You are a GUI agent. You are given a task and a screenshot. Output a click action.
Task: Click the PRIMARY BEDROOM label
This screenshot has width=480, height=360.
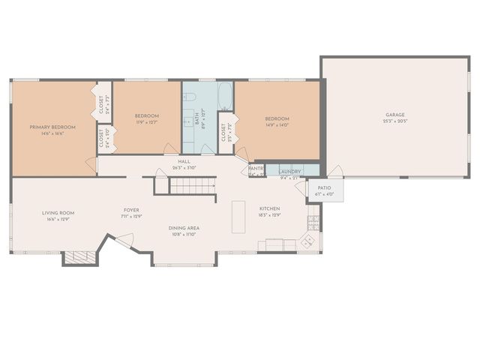[46, 127]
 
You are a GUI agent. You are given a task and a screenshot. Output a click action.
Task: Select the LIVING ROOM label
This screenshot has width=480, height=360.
[58, 213]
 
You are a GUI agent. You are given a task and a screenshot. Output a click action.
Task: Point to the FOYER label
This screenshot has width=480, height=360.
[132, 210]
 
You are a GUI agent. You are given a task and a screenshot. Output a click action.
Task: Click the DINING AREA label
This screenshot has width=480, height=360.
[183, 228]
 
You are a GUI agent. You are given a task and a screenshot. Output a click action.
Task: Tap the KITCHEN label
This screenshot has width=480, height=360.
[269, 208]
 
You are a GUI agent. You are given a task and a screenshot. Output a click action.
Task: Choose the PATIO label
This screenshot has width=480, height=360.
[324, 188]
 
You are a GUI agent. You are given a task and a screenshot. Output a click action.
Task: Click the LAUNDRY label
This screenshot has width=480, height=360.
[290, 172]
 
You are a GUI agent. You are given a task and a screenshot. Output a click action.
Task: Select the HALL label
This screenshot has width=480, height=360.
[184, 161]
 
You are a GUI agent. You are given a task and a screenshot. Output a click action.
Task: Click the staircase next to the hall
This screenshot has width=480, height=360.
[192, 185]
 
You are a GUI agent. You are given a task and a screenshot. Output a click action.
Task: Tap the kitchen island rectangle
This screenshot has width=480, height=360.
[238, 216]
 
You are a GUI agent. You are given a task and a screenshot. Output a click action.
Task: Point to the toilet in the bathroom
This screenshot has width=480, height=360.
[190, 97]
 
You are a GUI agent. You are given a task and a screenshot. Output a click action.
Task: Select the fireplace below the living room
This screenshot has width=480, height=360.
[79, 257]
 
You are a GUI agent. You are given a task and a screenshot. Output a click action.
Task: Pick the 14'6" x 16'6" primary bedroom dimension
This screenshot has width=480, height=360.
[46, 133]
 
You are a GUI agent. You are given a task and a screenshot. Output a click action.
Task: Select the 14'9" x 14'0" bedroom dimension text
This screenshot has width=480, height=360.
[277, 125]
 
